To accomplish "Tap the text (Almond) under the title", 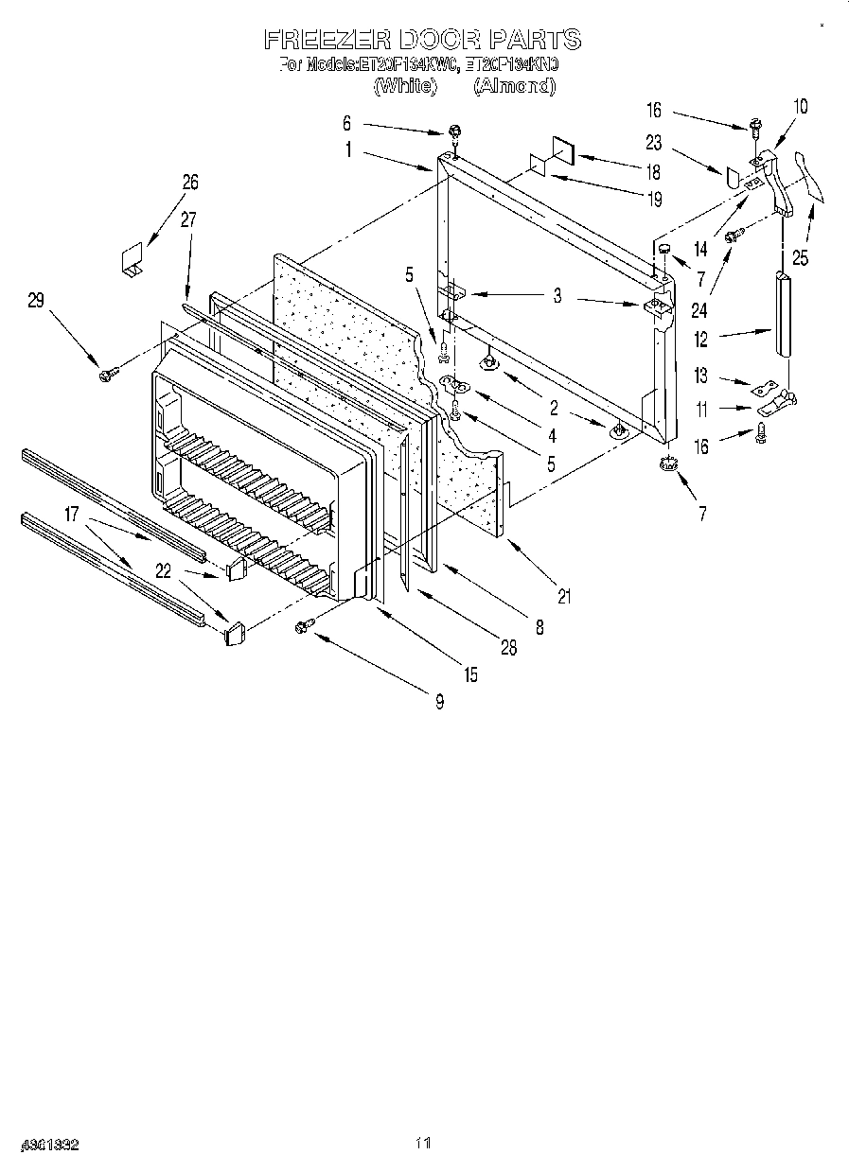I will tap(513, 86).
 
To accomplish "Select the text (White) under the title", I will tap(405, 86).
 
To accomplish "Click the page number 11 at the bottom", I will tap(423, 1144).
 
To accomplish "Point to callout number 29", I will tap(35, 300).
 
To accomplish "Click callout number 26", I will tap(190, 183).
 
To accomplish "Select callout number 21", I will tap(564, 596).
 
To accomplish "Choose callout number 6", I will tap(346, 123).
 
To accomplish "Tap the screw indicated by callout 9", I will tap(305, 624).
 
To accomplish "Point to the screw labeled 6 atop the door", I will tap(454, 131).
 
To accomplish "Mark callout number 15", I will tap(470, 674).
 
